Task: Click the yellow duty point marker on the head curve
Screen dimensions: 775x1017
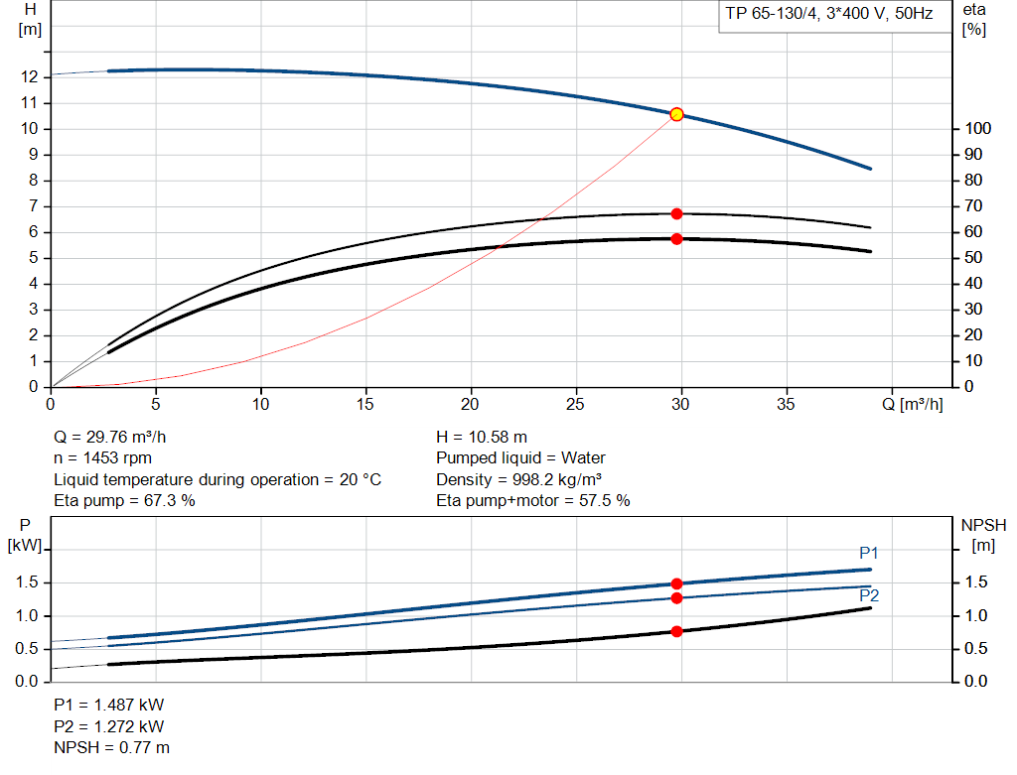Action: pos(676,114)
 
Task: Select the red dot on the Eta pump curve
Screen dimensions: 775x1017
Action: pos(676,213)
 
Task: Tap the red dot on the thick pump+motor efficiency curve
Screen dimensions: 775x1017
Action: pos(676,238)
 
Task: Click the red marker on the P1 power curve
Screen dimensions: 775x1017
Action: pos(676,583)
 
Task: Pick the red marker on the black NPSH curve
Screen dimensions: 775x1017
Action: pos(676,631)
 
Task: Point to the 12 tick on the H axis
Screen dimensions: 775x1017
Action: pos(29,76)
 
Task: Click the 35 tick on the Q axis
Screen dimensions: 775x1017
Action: pos(787,404)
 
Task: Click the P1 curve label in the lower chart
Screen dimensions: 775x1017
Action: pos(869,553)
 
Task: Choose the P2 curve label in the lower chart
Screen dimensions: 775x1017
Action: pos(869,595)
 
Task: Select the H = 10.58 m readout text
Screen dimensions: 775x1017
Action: pos(482,437)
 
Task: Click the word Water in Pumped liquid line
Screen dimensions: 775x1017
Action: pos(583,458)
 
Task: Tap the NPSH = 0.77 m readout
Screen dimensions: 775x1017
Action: pos(111,747)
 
